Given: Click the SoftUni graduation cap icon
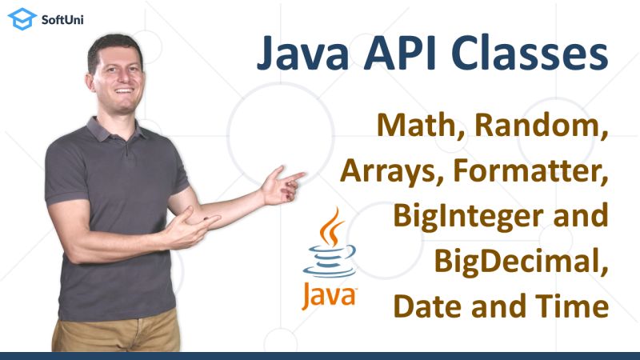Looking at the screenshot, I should coord(22,19).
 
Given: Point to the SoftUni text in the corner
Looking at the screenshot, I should coord(62,19).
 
